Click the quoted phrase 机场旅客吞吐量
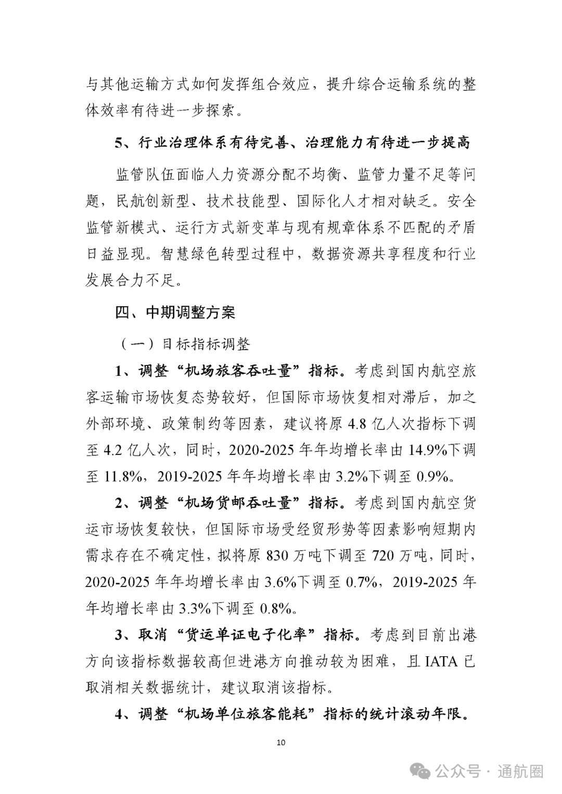click(240, 371)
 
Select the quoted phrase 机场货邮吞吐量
click(240, 503)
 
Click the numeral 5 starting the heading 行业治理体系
click(119, 142)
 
